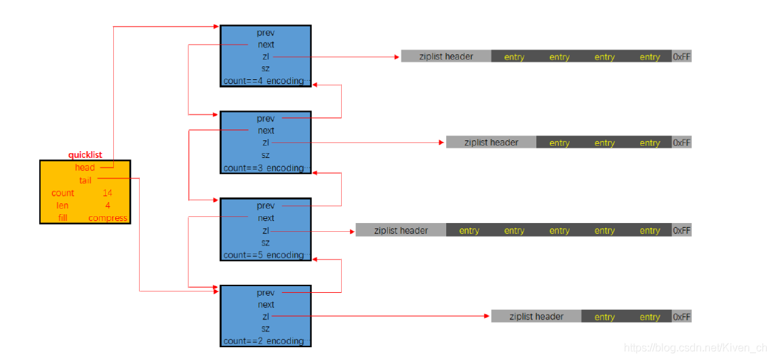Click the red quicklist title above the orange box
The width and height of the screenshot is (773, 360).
pyautogui.click(x=85, y=155)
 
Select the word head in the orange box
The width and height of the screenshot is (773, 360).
pyautogui.click(x=85, y=167)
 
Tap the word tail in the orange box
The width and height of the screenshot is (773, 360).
pyautogui.click(x=85, y=180)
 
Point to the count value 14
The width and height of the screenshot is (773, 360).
pyautogui.click(x=107, y=193)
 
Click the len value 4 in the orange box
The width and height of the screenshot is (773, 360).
pyautogui.click(x=107, y=205)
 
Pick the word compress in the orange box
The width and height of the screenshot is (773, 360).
pyautogui.click(x=108, y=218)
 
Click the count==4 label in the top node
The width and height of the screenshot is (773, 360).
pyautogui.click(x=244, y=81)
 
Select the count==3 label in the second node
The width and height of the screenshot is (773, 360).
pyautogui.click(x=244, y=168)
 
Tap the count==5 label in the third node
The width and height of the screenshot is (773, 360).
pyautogui.click(x=244, y=255)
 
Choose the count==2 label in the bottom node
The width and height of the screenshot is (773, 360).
pyautogui.click(x=244, y=341)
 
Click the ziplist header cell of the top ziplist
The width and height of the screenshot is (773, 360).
pyautogui.click(x=445, y=56)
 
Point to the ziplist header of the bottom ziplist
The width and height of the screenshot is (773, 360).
pyautogui.click(x=536, y=317)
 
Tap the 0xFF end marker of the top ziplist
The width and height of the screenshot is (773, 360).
pyautogui.click(x=681, y=57)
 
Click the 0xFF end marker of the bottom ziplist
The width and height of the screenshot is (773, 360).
pyautogui.click(x=681, y=317)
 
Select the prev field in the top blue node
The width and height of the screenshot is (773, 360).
pyautogui.click(x=266, y=33)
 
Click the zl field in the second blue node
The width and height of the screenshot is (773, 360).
pyautogui.click(x=266, y=142)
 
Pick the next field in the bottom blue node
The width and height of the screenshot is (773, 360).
pyautogui.click(x=266, y=304)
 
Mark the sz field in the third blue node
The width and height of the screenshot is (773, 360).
pyautogui.click(x=266, y=243)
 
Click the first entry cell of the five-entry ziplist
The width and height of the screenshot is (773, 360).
pyautogui.click(x=469, y=231)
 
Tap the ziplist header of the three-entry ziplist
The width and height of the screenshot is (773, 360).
pyautogui.click(x=491, y=142)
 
